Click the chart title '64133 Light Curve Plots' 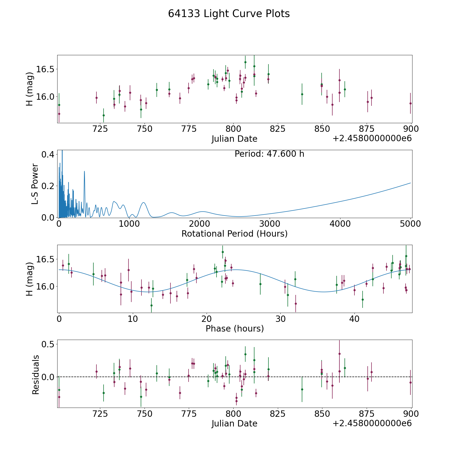tap(229, 14)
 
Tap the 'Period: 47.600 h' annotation tap(269, 154)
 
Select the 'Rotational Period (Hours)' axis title tap(234, 234)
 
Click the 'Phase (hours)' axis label tap(235, 328)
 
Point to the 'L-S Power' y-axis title tap(35, 184)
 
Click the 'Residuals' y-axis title tap(36, 375)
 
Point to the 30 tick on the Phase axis tap(280, 319)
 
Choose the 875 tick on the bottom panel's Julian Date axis tap(366, 414)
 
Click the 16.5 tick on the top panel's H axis tap(44, 69)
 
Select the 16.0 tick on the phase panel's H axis tap(44, 287)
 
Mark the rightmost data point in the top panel tap(410, 103)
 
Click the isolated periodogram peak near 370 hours tap(84, 171)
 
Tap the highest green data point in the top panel tap(245, 62)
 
